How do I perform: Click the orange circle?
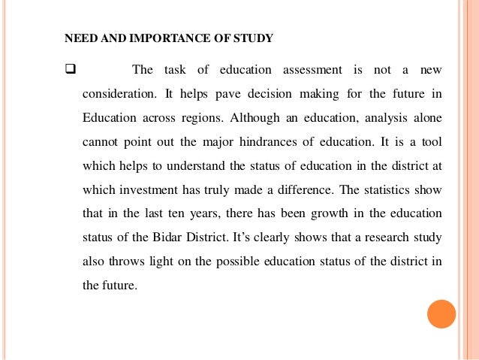point(441,313)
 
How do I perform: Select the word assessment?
point(312,71)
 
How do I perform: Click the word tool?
point(431,142)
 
